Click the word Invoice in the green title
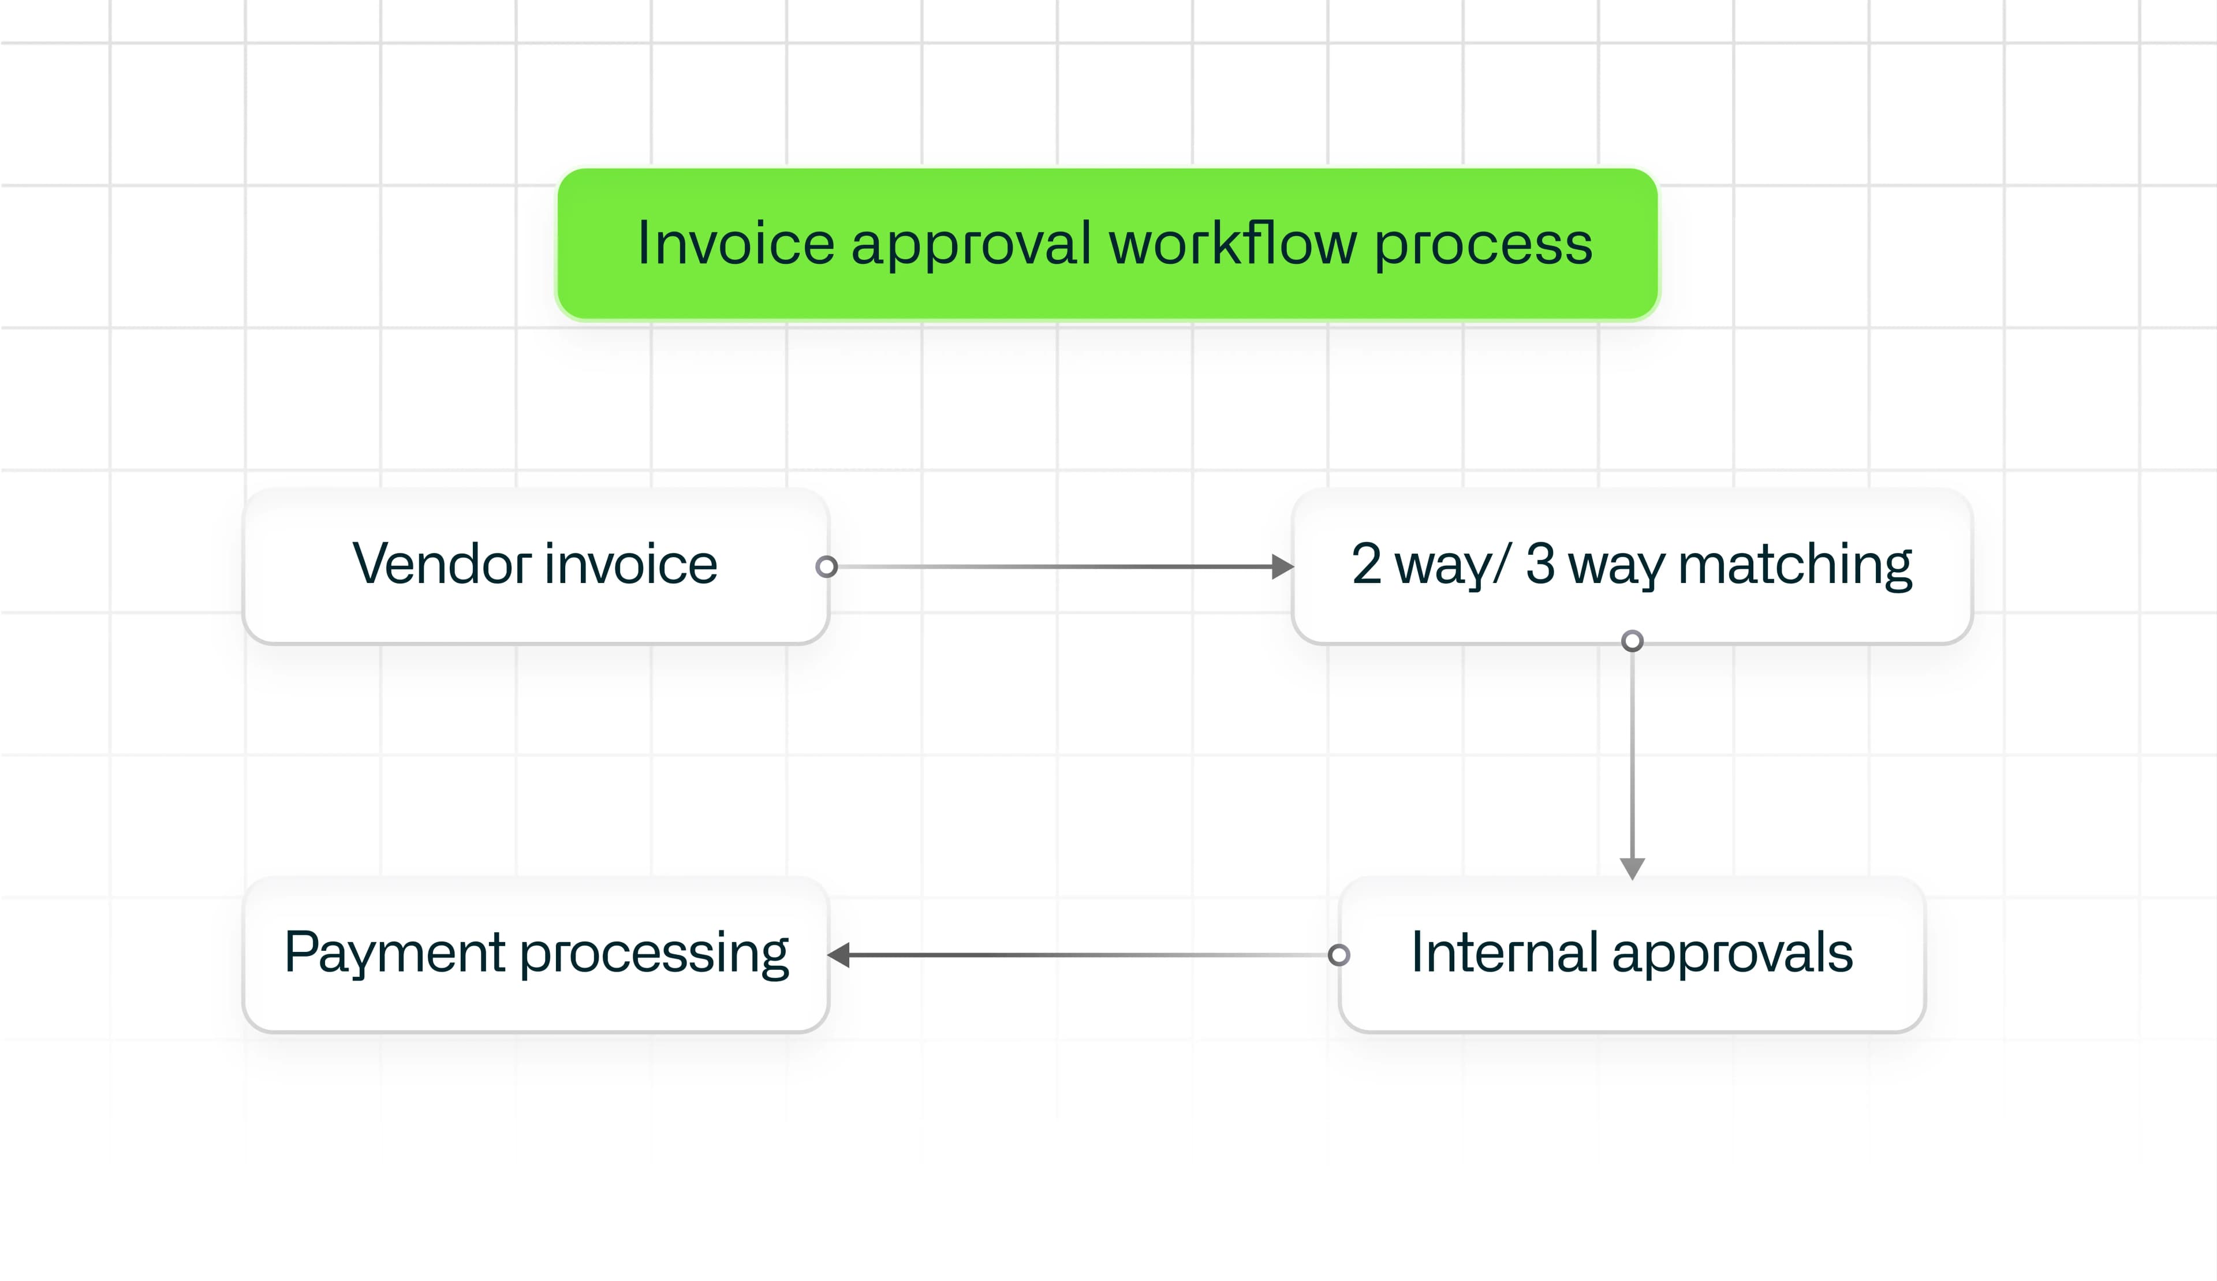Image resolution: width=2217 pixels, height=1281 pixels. [736, 244]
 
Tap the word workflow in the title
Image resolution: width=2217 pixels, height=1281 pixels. [1233, 244]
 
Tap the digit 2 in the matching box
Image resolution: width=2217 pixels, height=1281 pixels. [1366, 564]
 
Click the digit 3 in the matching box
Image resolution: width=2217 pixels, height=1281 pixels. [1540, 564]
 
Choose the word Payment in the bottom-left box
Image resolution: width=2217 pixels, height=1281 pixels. [396, 954]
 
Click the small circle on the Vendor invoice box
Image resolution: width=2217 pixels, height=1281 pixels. [826, 566]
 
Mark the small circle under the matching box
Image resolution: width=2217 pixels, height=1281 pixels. [1632, 641]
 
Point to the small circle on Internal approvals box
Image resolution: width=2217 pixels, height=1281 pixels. [1339, 955]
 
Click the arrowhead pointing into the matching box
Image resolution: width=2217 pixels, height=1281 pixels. [1283, 566]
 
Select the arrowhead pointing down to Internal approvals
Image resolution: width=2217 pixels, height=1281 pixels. [1632, 868]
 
